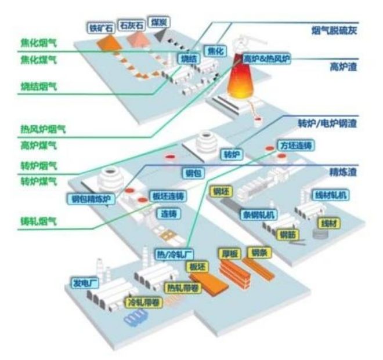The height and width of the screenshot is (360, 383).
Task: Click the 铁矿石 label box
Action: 101,27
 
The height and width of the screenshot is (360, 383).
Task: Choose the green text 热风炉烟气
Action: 43,129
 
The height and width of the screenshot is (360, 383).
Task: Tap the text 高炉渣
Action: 342,67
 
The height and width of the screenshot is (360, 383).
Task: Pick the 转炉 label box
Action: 232,155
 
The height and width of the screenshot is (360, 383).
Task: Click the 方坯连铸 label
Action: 297,145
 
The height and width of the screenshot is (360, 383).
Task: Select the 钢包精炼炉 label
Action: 90,200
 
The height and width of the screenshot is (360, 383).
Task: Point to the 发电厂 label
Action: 85,283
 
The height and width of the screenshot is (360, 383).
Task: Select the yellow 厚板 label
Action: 230,254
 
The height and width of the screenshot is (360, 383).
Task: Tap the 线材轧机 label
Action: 329,195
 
